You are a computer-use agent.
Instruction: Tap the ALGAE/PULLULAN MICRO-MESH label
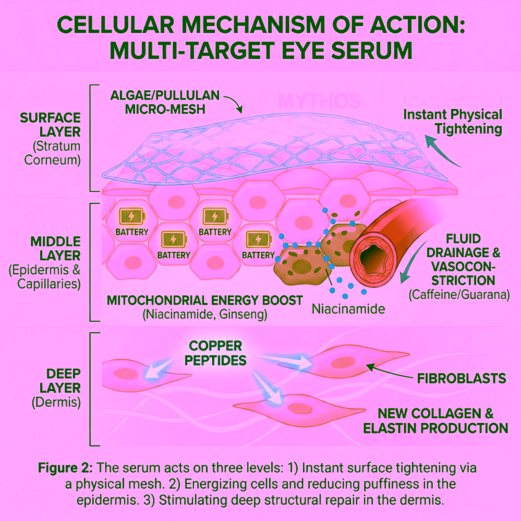[x=165, y=102]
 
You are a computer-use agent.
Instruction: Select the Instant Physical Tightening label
[x=453, y=122]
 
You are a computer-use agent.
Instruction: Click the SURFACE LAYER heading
[x=50, y=125]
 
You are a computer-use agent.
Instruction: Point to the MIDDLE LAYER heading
[x=55, y=249]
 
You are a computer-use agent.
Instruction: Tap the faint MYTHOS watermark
[x=319, y=101]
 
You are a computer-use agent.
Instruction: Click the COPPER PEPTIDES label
[x=215, y=353]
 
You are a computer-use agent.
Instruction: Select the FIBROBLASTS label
[x=462, y=379]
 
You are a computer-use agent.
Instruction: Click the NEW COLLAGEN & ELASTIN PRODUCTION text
[x=435, y=421]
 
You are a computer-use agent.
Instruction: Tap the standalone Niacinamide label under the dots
[x=348, y=309]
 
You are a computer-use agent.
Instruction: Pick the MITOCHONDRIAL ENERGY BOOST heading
[x=204, y=300]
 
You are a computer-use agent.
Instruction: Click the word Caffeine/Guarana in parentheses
[x=459, y=295]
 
